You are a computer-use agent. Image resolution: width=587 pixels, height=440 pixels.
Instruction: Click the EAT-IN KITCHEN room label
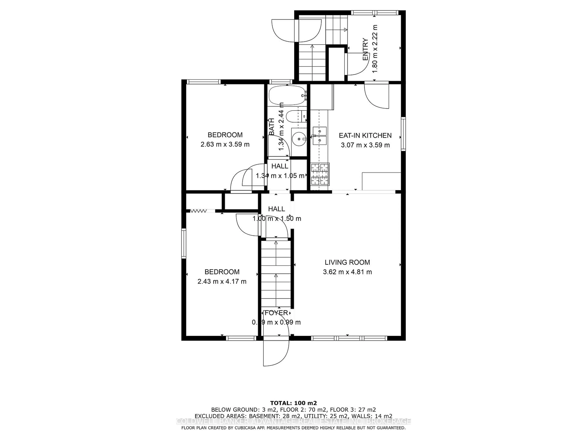point(365,136)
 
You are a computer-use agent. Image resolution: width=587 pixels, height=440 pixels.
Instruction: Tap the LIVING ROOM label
point(347,262)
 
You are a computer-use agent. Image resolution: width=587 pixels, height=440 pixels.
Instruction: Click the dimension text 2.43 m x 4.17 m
point(222,281)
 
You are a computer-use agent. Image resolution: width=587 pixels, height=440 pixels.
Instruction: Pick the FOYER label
point(276,313)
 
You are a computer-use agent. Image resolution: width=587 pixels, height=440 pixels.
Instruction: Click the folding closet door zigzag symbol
point(199,211)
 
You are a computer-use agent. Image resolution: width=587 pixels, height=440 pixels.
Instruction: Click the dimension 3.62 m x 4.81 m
point(347,272)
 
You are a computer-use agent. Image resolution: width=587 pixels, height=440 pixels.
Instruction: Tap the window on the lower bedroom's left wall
point(184,244)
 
